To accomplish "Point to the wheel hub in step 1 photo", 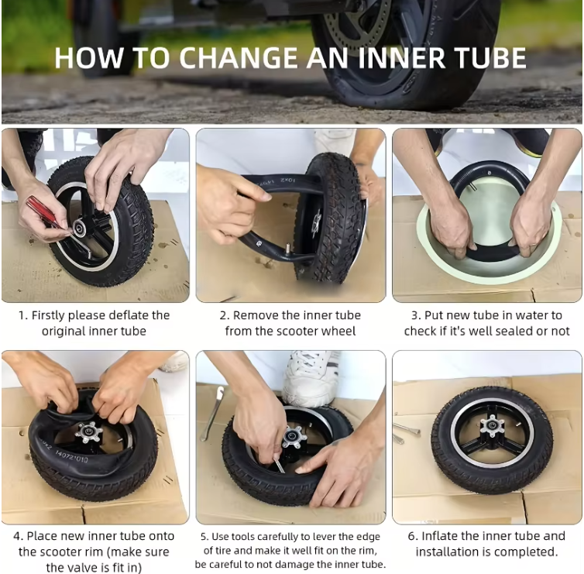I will pyautogui.click(x=80, y=228).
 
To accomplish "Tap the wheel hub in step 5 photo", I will pyautogui.click(x=294, y=437).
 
